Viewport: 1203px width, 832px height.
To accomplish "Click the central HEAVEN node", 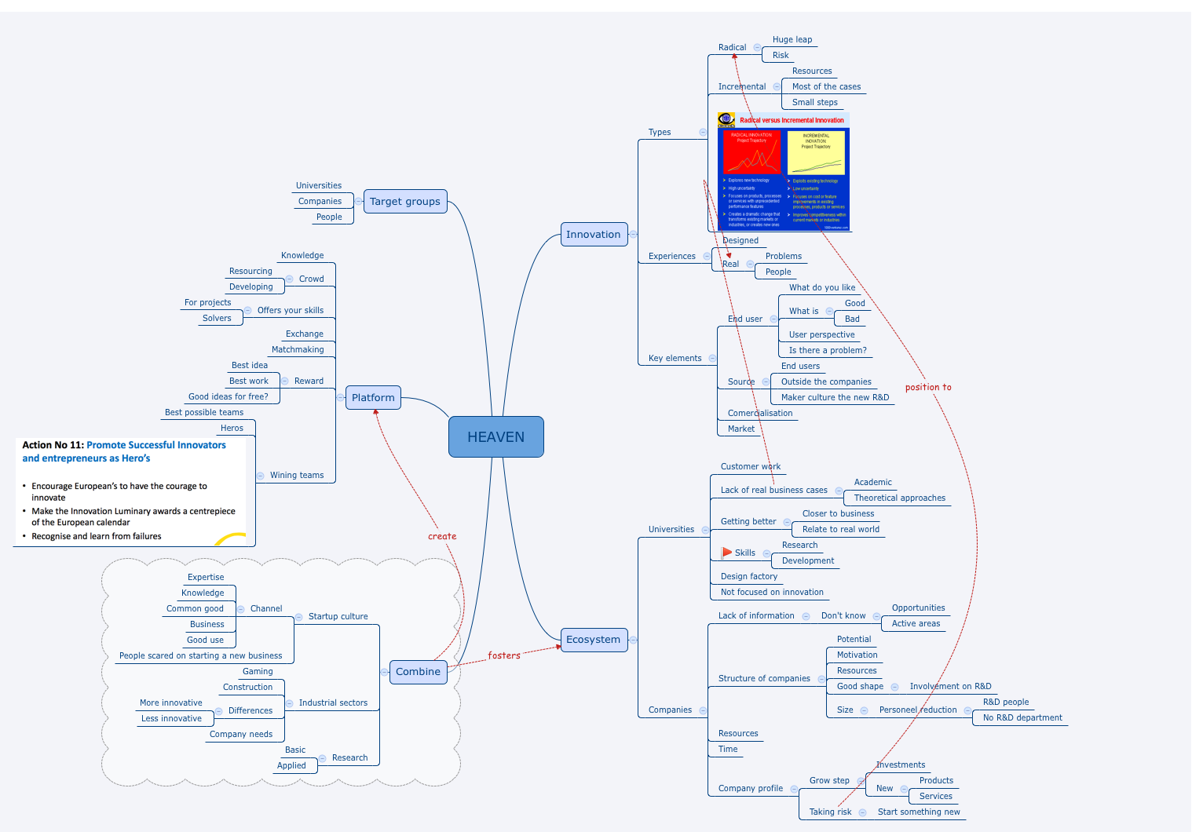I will point(495,436).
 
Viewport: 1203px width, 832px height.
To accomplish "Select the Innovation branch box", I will point(594,234).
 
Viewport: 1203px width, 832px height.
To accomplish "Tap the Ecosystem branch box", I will point(594,639).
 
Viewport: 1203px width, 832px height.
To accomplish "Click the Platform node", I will point(373,397).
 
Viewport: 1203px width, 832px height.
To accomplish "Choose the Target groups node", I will point(405,201).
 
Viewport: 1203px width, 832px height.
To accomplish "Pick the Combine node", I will point(418,671).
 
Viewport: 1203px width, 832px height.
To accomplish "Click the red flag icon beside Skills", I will point(726,553).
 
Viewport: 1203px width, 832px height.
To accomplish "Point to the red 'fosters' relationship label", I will point(504,655).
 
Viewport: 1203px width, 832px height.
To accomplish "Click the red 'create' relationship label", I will point(442,536).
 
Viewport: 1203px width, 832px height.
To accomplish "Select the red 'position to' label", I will point(927,387).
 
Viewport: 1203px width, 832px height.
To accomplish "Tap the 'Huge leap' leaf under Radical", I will point(792,39).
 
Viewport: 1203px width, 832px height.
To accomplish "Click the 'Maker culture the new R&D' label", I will point(835,397).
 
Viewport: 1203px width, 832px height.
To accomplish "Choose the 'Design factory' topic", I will point(749,576).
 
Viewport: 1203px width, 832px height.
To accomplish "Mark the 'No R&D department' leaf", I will point(1022,717).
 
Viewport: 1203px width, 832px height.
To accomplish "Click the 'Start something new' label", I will point(919,812).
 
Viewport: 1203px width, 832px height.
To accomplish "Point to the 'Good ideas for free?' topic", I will point(228,396).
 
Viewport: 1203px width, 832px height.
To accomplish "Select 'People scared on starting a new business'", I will point(200,655).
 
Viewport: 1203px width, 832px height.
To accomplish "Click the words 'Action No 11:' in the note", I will point(53,445).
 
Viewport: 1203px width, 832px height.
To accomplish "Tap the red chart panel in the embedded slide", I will point(751,151).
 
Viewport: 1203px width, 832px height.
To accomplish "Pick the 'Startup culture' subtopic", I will point(338,616).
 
